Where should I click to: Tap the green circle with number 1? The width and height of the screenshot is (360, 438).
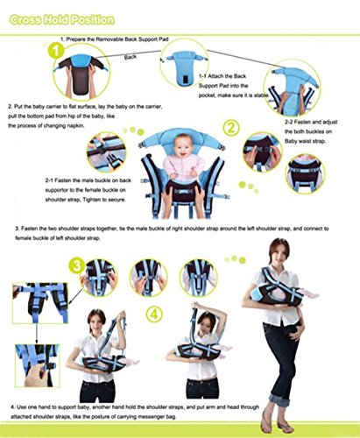click(57, 51)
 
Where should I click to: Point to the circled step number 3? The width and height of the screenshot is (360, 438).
click(78, 266)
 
